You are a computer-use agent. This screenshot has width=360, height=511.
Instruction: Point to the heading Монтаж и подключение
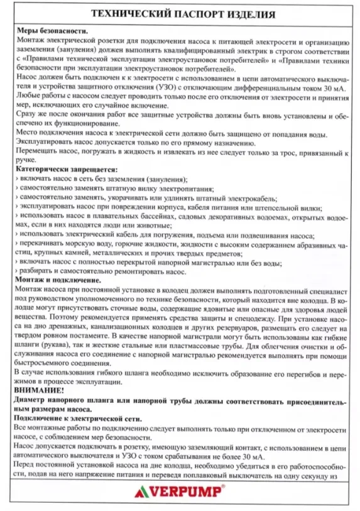click(57, 280)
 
